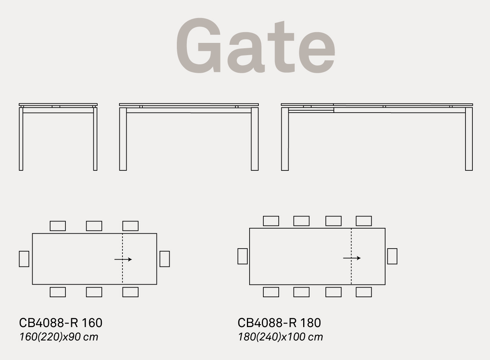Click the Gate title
click(x=255, y=46)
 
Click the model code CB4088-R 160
click(x=60, y=323)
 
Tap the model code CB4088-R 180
click(x=279, y=323)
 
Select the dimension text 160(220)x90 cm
click(x=59, y=337)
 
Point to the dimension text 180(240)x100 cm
click(x=281, y=337)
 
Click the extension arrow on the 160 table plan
click(x=123, y=259)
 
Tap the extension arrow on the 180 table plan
click(x=352, y=258)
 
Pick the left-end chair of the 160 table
click(x=24, y=259)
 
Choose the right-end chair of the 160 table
click(x=165, y=259)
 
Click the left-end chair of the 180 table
click(x=243, y=256)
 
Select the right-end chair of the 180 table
click(x=392, y=256)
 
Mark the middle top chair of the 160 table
click(x=94, y=226)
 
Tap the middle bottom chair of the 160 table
click(x=94, y=292)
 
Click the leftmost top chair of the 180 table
click(x=271, y=221)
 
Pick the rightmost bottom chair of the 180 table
click(x=364, y=292)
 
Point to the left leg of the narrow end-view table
click(x=21, y=139)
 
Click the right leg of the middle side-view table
click(x=255, y=139)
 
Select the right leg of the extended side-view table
click(x=469, y=139)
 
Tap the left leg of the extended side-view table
click(x=285, y=139)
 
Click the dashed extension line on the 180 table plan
click(x=351, y=257)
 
